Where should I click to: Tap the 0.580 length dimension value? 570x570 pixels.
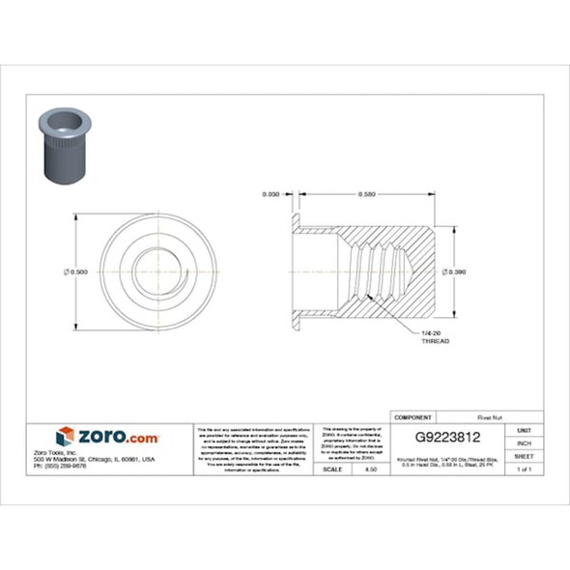click(366, 194)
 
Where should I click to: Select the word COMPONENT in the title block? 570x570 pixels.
click(413, 416)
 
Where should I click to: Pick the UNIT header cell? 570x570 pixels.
click(524, 429)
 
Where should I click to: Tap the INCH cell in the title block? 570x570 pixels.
click(524, 442)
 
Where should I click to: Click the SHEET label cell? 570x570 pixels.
click(524, 455)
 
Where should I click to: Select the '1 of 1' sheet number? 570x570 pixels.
click(524, 469)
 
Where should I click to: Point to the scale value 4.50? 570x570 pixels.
click(370, 469)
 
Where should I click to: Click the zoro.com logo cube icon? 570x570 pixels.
click(65, 436)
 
